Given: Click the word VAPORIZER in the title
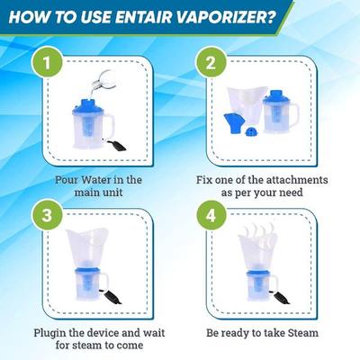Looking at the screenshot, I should pos(221,18).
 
